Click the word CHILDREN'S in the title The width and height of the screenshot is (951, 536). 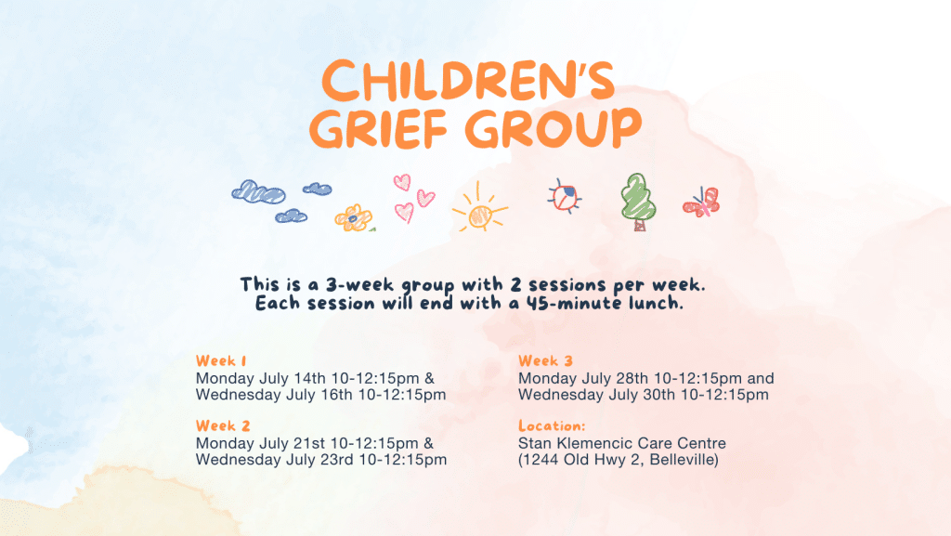click(468, 81)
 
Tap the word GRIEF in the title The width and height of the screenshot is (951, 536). click(378, 128)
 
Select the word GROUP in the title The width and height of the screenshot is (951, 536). click(554, 128)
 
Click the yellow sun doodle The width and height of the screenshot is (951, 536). click(480, 208)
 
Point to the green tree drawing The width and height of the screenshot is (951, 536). click(638, 202)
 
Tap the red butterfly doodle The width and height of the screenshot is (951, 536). click(702, 202)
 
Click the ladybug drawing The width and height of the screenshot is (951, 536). click(565, 196)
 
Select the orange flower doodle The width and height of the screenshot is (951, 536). click(354, 218)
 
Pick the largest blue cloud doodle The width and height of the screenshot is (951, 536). click(258, 192)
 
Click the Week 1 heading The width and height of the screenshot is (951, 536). click(221, 360)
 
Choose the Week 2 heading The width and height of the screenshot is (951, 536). click(223, 425)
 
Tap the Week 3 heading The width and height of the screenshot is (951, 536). click(545, 360)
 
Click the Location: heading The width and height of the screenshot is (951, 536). click(552, 425)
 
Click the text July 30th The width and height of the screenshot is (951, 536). click(642, 396)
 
